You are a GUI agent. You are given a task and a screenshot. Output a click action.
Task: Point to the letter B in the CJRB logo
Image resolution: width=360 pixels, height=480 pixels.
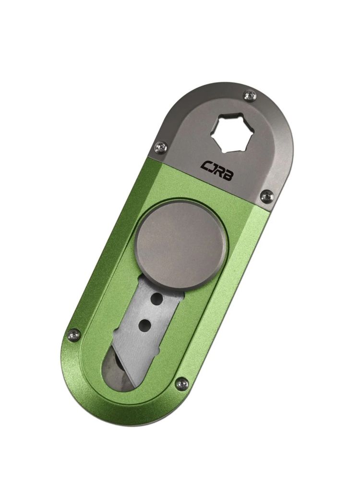click(226, 177)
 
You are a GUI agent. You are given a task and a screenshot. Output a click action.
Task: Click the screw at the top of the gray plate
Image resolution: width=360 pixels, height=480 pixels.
click(250, 96)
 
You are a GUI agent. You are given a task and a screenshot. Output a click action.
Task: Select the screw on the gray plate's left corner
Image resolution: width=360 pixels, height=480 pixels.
click(161, 147)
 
